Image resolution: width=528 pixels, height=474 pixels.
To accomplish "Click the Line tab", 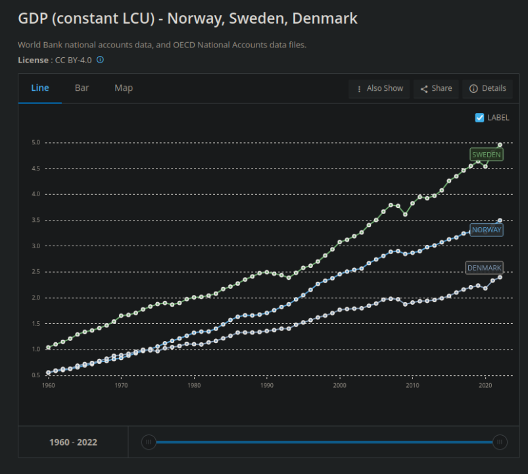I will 40,88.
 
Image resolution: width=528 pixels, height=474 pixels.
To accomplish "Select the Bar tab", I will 82,88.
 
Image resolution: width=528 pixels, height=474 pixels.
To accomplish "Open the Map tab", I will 124,88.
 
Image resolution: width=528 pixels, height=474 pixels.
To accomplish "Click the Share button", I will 436,89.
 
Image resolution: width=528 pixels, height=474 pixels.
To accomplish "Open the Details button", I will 488,89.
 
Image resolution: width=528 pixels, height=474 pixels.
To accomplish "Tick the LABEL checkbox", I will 480,118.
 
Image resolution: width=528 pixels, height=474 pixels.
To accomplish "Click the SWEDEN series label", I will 487,155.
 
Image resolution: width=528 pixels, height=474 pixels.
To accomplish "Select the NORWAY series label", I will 487,230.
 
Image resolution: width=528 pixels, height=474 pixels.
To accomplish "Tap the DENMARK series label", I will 484,268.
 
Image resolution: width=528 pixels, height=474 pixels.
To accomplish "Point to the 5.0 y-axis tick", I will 36,142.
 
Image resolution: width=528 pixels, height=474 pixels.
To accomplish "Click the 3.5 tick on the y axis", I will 36,220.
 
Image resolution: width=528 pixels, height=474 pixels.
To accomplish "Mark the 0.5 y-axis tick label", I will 36,375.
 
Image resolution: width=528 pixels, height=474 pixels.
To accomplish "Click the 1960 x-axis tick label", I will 48,385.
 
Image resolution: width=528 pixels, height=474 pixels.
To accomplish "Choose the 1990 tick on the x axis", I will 266,385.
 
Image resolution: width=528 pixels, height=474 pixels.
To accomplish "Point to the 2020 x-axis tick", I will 485,385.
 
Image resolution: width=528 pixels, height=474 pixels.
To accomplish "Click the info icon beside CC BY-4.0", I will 101,60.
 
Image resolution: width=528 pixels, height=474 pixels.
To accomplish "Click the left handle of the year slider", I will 149,442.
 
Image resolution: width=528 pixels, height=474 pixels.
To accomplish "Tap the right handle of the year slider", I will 500,442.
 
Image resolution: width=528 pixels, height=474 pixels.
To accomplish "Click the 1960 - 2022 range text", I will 73,442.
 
